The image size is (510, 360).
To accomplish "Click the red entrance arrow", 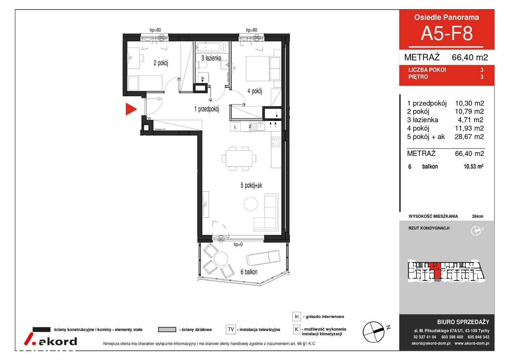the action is (x=131, y=109).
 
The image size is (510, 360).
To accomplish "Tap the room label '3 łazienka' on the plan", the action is (x=211, y=58).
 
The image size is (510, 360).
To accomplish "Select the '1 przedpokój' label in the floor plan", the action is (x=206, y=109).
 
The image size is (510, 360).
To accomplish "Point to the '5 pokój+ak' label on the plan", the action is (x=251, y=186).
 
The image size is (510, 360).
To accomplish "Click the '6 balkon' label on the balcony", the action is (x=249, y=272).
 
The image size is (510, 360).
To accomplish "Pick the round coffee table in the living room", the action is (x=251, y=204).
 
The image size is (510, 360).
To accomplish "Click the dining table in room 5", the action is (x=239, y=158).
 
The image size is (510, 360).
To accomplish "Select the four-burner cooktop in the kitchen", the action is (x=276, y=142).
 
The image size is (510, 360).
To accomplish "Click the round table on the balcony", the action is (x=221, y=258).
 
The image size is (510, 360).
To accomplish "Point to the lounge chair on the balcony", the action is (x=263, y=258).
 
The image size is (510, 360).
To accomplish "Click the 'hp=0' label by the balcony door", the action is (x=238, y=245).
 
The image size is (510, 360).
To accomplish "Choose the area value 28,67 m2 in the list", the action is (x=469, y=137).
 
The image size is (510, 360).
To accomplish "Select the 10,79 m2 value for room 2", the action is (x=469, y=111).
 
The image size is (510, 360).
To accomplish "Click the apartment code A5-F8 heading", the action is (x=447, y=33).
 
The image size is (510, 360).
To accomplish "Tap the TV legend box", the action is (x=231, y=329).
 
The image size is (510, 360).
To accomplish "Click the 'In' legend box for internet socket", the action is (x=296, y=316).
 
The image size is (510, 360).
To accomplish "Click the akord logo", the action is (x=51, y=339).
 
